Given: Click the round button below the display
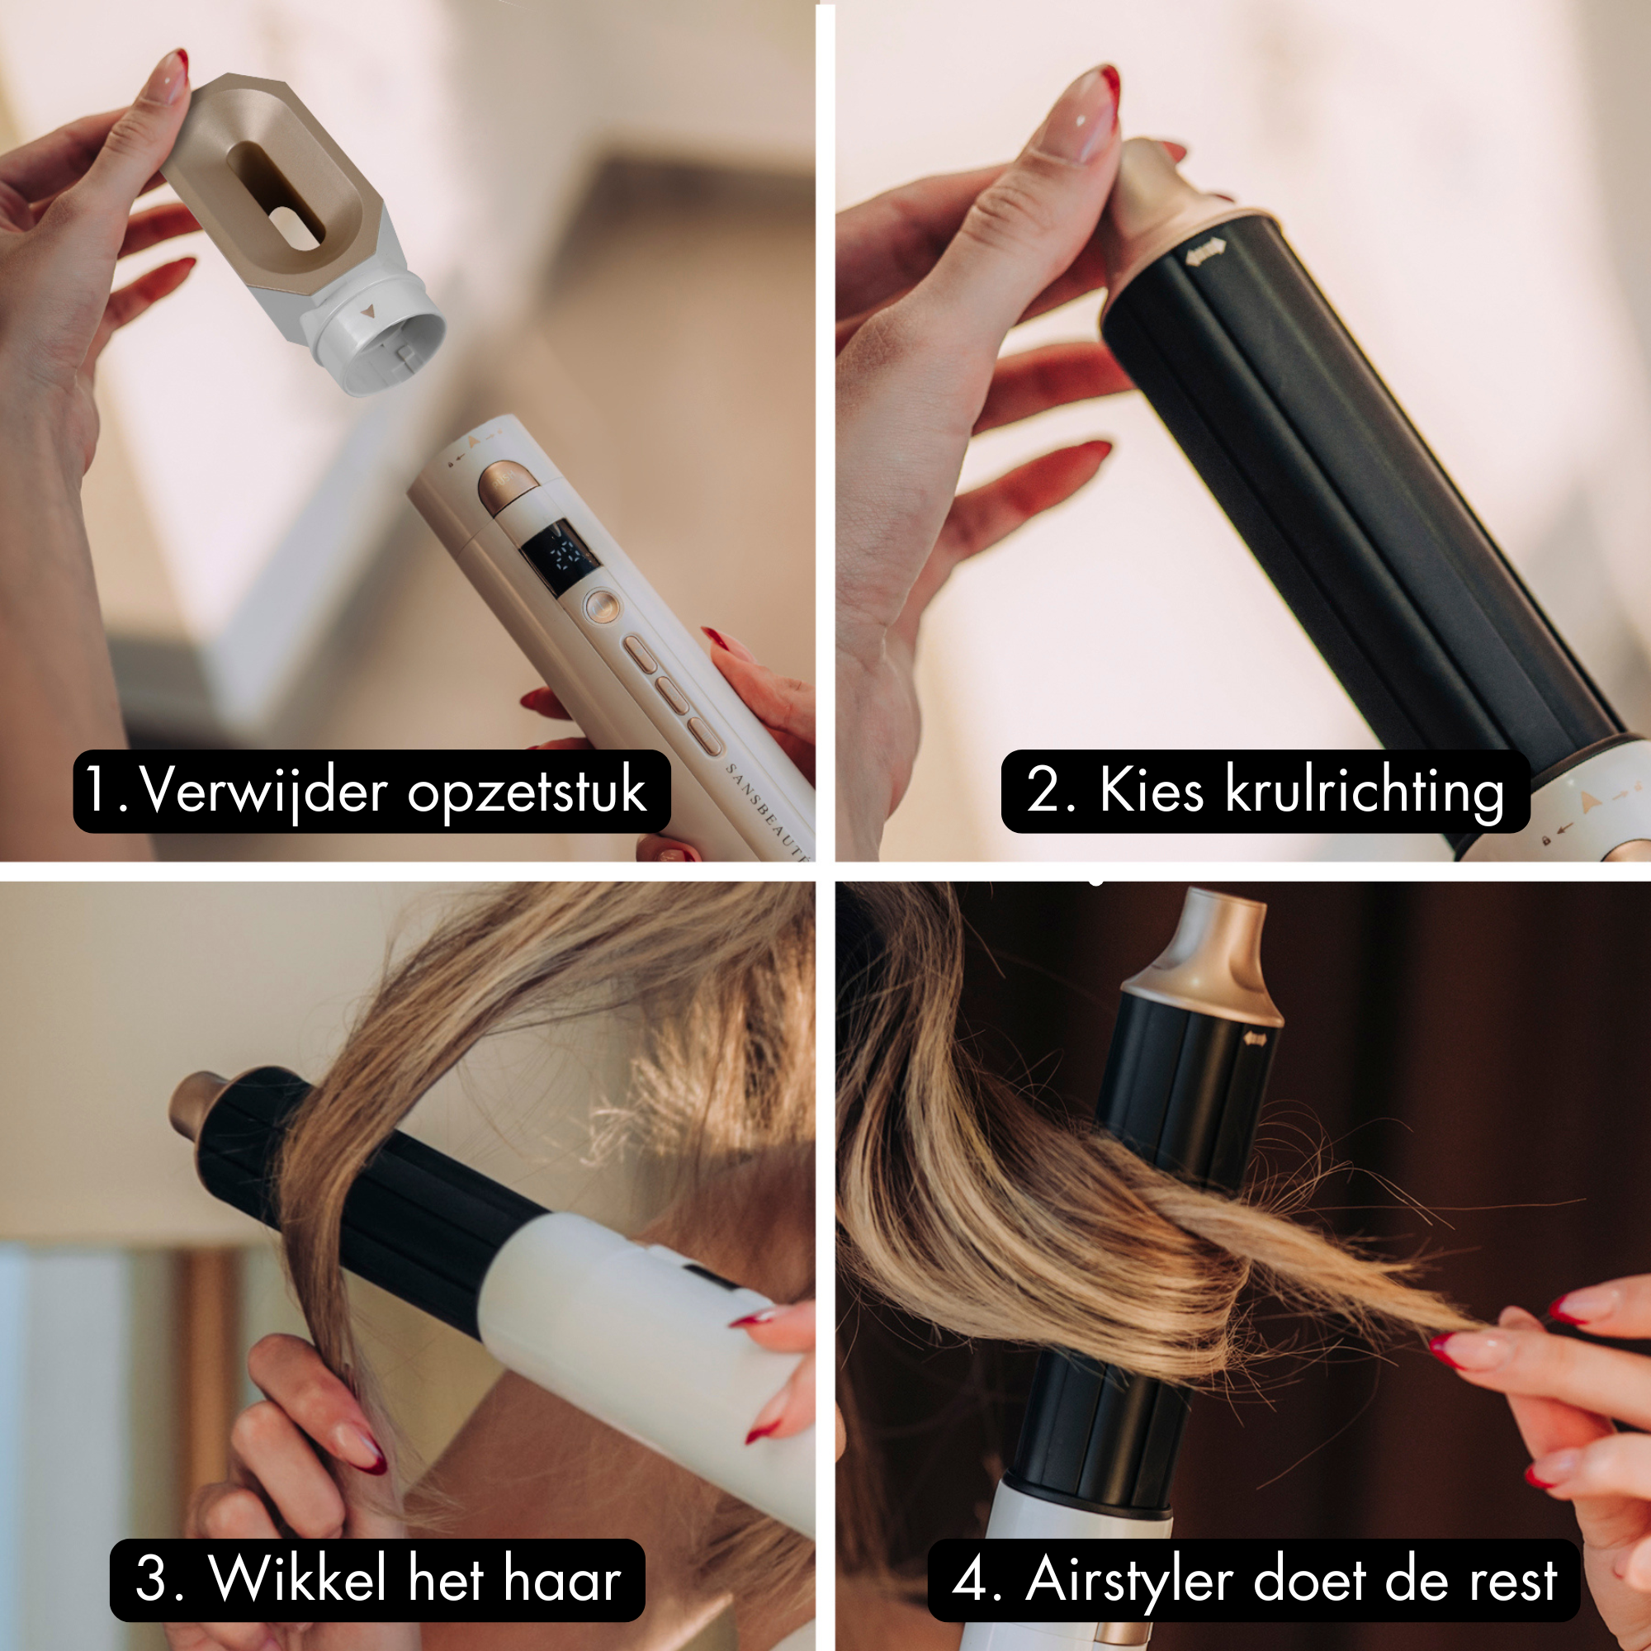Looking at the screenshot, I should tap(601, 608).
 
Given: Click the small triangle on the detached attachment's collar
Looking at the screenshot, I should tap(367, 313).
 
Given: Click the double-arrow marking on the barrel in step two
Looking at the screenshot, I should tap(1205, 249).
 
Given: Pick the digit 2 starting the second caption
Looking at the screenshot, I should tap(1042, 791).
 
